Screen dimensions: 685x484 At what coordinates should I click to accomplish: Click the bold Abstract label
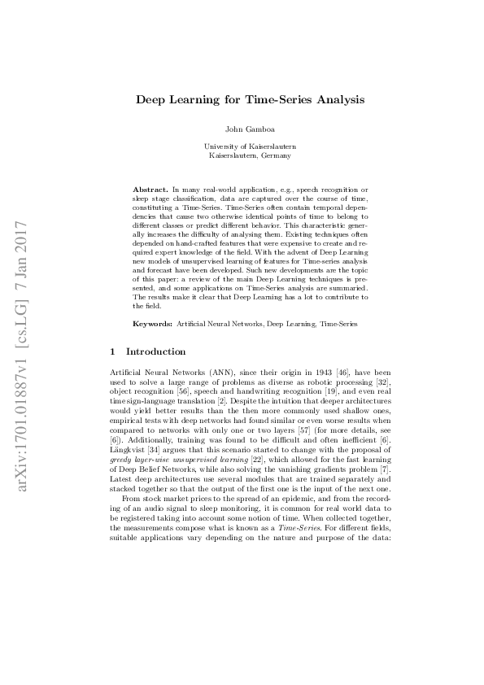149,189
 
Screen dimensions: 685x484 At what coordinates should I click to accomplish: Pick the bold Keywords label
153,324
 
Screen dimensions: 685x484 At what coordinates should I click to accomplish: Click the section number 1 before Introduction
111,351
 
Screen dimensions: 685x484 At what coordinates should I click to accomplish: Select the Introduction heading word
156,351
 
